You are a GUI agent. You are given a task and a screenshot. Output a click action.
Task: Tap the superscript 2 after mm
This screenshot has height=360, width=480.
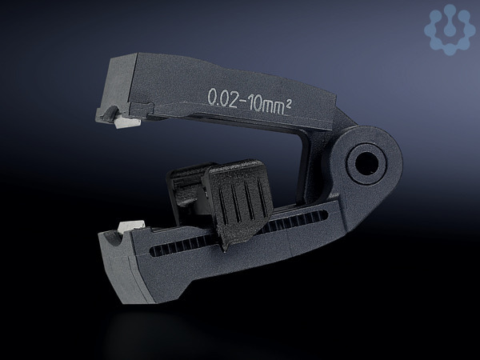(x=288, y=106)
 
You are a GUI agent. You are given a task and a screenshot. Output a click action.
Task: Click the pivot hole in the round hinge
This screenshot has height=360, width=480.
(x=366, y=163)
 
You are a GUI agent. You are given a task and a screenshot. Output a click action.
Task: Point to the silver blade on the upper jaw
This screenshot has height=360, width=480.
(x=126, y=122)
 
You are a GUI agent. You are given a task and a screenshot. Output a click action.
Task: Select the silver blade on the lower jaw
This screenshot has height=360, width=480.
(x=131, y=226)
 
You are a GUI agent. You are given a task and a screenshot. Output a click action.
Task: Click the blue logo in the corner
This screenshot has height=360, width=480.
(x=450, y=30)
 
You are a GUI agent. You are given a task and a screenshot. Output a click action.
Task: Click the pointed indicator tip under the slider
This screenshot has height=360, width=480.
(x=225, y=248)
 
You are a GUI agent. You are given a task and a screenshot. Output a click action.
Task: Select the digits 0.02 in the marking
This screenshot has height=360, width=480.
(x=222, y=98)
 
